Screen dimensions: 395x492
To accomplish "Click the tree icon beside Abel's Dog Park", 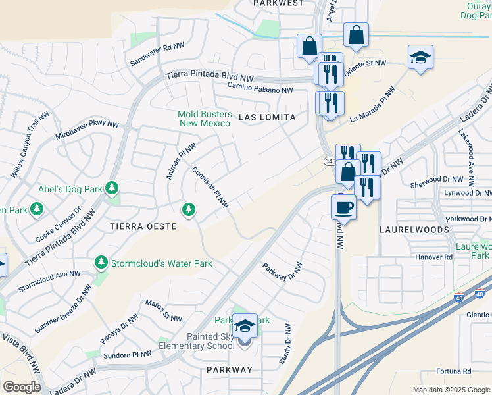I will click(112, 189).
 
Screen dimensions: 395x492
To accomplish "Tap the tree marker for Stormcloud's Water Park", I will click(101, 263).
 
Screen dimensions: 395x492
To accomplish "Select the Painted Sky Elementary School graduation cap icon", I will click(245, 327).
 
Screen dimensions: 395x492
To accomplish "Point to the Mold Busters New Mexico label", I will click(204, 118).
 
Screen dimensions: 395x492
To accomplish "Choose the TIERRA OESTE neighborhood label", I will click(143, 226).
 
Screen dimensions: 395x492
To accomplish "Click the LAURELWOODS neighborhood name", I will click(414, 230).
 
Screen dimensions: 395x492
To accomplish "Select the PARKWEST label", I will click(279, 3).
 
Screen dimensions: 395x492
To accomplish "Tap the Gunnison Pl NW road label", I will click(210, 187).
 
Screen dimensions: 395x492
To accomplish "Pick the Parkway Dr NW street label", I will click(282, 271).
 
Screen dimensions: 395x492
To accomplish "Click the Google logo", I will click(22, 386).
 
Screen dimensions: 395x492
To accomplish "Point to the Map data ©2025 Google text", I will click(451, 390).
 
